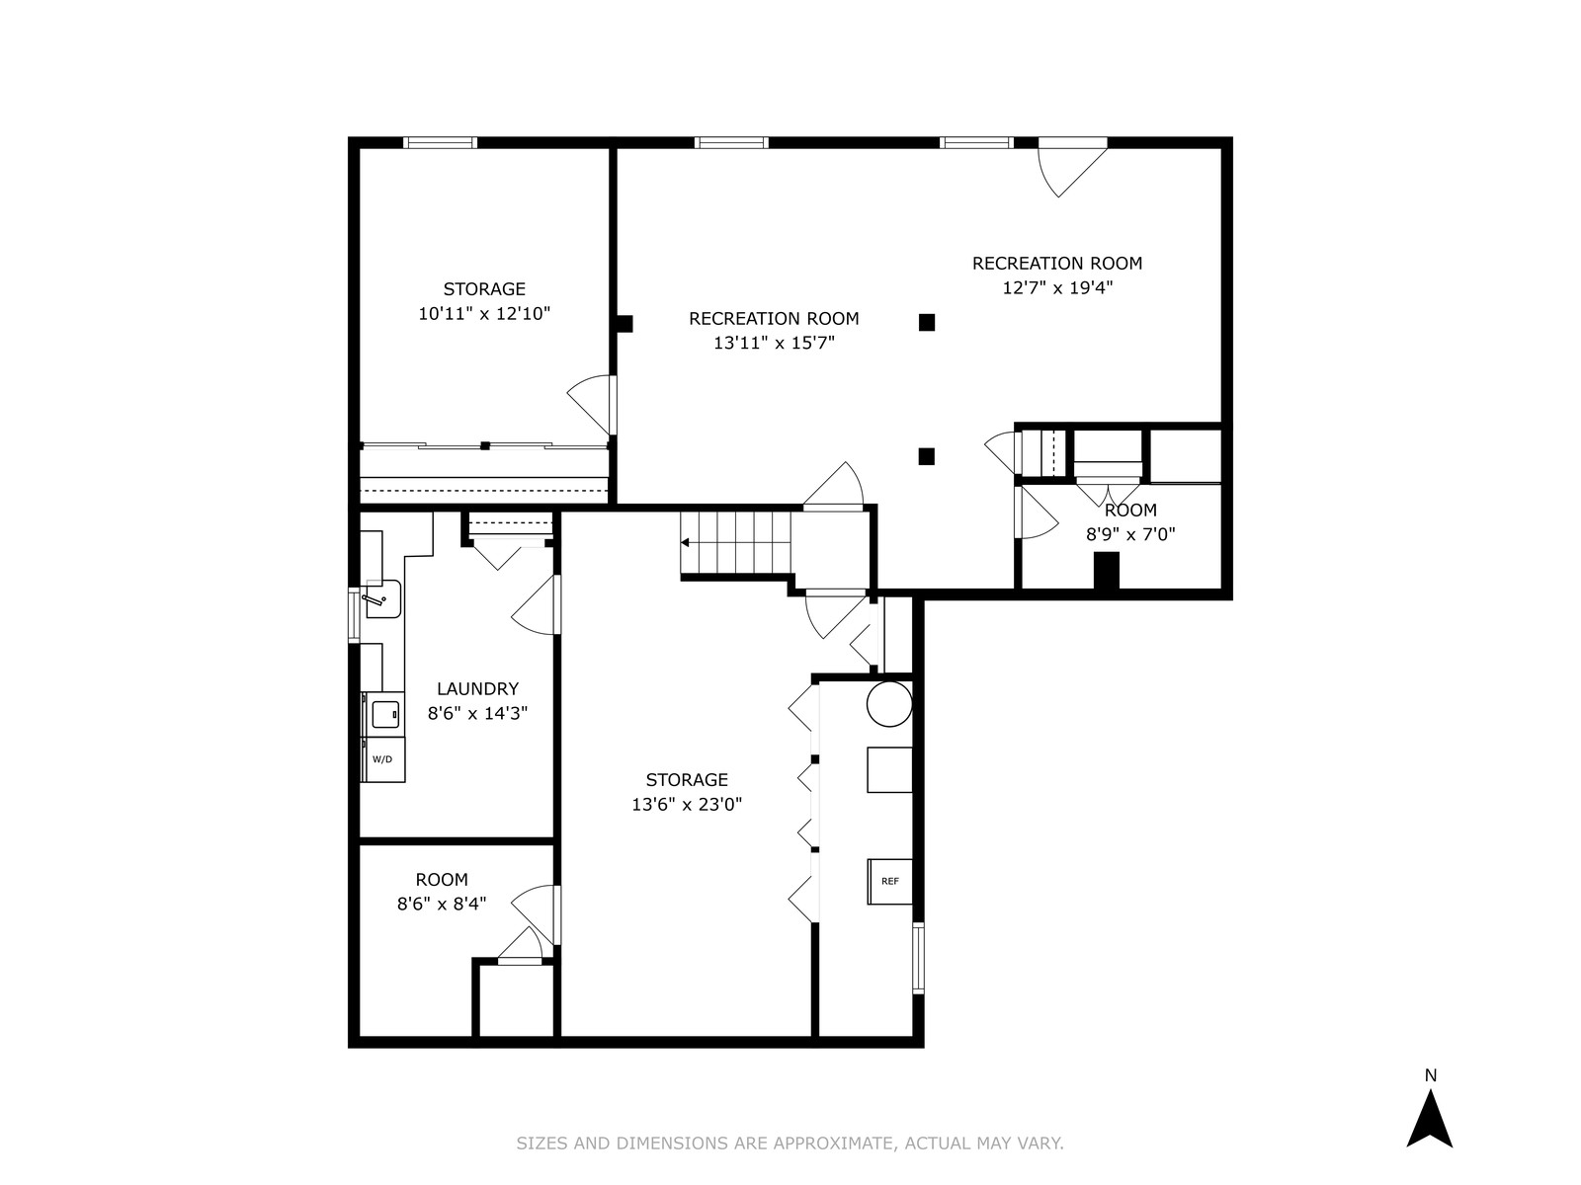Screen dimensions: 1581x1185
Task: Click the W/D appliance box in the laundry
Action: click(x=383, y=759)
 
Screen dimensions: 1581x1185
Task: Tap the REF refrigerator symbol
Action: click(x=889, y=882)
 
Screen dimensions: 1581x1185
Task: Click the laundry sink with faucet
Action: click(x=381, y=598)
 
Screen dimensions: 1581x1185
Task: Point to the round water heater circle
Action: click(x=889, y=704)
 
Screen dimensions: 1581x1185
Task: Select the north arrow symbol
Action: click(x=1430, y=1128)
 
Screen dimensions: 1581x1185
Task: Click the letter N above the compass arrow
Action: click(x=1431, y=1075)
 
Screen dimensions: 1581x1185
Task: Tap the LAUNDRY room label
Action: click(x=477, y=688)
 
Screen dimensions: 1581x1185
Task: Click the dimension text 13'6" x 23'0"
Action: click(x=687, y=804)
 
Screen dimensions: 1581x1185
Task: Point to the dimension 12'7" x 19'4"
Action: click(x=1057, y=287)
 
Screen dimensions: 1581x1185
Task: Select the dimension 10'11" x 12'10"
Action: click(x=484, y=314)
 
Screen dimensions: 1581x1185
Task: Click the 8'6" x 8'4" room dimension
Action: click(x=442, y=904)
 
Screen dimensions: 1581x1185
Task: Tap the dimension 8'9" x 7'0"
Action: click(x=1130, y=534)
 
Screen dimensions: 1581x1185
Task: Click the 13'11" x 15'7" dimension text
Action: click(x=774, y=343)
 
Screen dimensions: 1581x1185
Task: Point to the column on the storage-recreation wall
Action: click(x=624, y=324)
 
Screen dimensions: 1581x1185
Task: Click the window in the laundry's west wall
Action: click(x=354, y=615)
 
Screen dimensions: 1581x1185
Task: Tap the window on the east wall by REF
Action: click(x=918, y=958)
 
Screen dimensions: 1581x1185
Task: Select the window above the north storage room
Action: click(x=440, y=142)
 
